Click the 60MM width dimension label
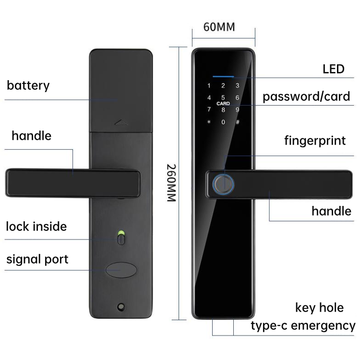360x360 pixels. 219,27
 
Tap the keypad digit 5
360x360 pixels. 223,98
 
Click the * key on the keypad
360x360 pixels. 209,121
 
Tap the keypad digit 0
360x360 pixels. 223,121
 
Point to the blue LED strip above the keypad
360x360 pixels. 223,76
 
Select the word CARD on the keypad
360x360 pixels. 223,104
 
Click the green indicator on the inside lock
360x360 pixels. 120,235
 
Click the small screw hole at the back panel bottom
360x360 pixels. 120,306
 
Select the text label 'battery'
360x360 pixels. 28,86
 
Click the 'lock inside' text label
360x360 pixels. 36,226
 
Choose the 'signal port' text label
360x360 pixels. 37,260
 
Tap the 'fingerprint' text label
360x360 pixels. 315,141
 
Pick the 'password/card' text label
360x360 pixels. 306,96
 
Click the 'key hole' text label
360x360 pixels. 319,308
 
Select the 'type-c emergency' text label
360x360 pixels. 303,326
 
